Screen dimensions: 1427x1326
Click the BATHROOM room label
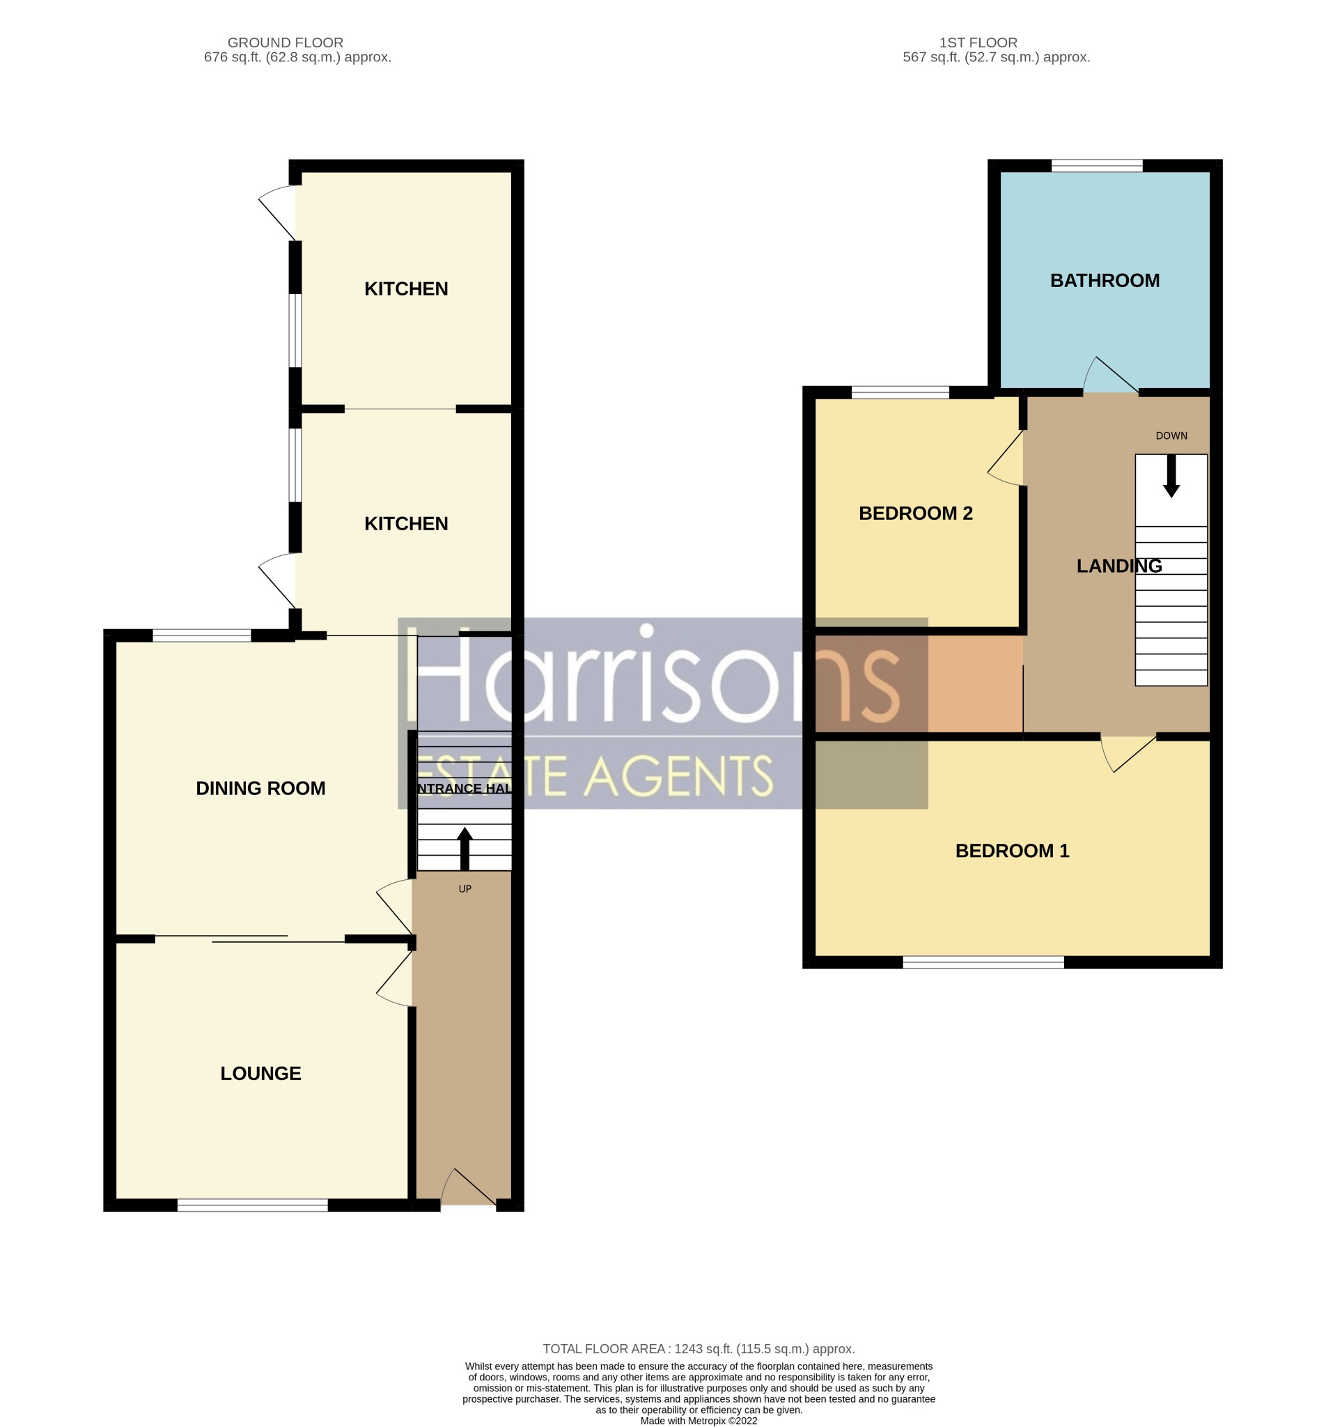click(1105, 281)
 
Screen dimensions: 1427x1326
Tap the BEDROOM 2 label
click(915, 514)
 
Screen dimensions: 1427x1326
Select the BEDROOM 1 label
click(1012, 851)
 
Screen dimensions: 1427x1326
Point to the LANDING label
click(1118, 566)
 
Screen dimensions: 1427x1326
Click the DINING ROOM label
click(260, 788)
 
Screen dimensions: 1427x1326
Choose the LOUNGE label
click(260, 1073)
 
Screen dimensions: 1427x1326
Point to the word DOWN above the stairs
click(1171, 435)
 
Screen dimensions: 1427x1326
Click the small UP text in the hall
click(465, 888)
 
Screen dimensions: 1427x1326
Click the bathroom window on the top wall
click(1096, 166)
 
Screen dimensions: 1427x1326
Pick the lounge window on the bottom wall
click(253, 1205)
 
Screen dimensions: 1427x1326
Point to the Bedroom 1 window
click(983, 962)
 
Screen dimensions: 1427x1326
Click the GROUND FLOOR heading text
click(285, 43)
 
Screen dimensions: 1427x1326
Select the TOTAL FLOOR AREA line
click(698, 1349)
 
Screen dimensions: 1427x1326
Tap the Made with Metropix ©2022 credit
click(698, 1421)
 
